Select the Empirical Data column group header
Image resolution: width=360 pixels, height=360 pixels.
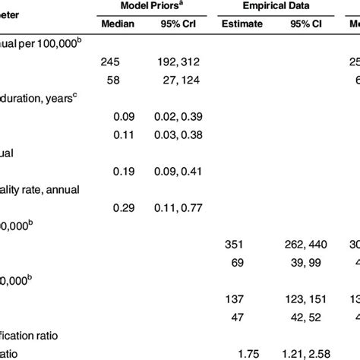point(275,5)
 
